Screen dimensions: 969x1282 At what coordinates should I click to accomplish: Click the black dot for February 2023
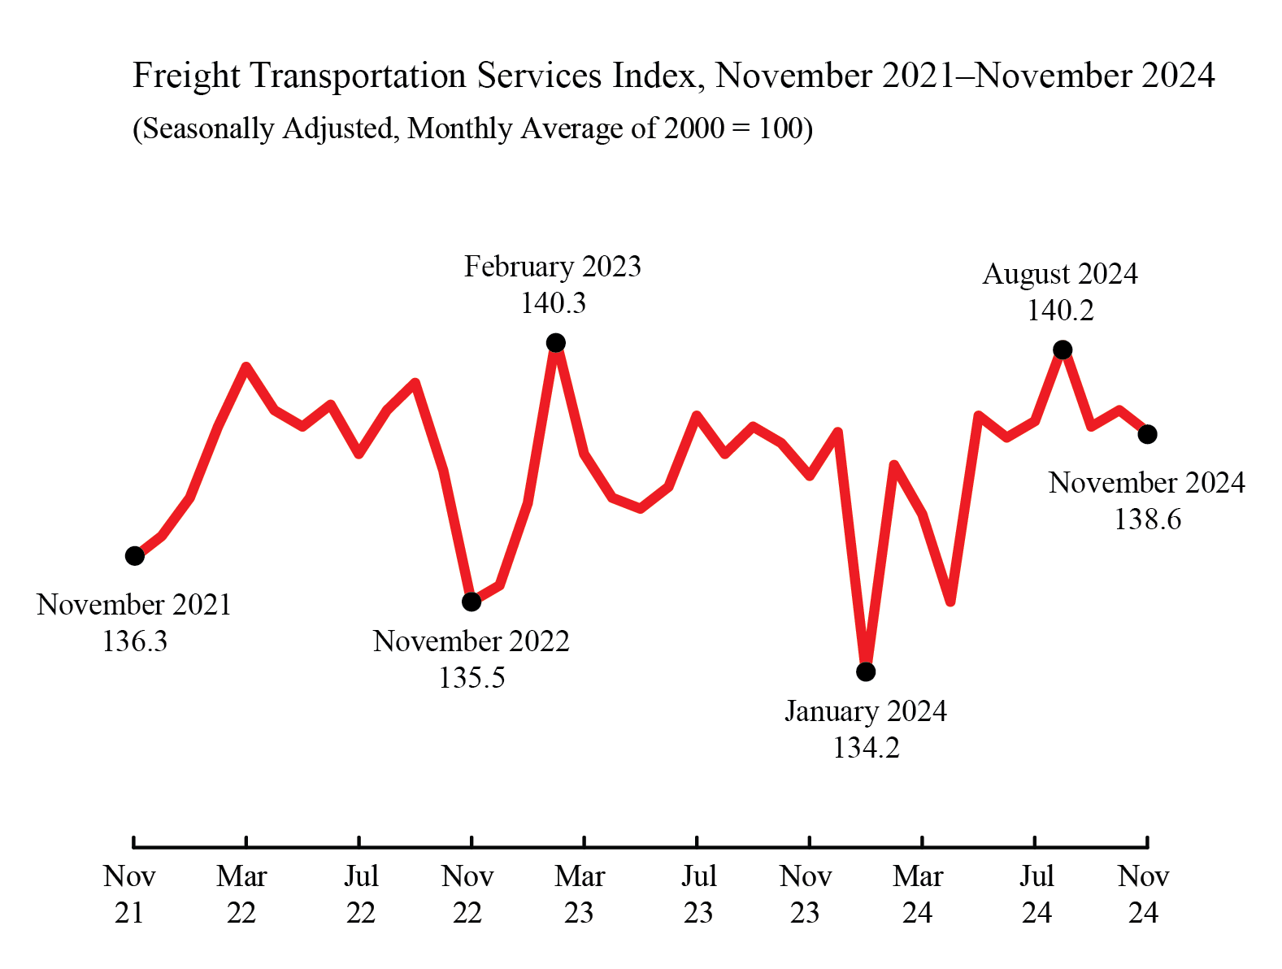pos(555,342)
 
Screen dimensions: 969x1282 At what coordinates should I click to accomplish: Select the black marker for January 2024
pos(866,671)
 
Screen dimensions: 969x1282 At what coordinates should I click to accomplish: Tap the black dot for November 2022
pos(472,602)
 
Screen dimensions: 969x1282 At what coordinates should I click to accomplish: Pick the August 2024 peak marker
pos(1063,350)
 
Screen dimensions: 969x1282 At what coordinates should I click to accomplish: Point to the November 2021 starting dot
pos(135,556)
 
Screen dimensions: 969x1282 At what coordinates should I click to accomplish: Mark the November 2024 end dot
pos(1147,434)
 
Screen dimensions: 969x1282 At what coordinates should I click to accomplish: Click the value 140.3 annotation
pos(553,303)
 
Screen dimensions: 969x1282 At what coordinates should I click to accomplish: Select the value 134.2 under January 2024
pos(866,748)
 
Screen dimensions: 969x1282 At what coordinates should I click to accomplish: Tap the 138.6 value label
pos(1147,519)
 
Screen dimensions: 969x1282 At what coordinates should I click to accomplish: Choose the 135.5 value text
pos(472,677)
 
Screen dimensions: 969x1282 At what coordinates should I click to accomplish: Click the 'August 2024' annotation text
pos(1059,274)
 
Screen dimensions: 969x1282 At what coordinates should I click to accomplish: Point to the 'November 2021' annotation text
pos(134,605)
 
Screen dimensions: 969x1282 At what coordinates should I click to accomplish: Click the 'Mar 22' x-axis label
pos(241,894)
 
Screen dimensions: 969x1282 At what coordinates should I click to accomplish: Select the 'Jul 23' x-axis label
pos(698,894)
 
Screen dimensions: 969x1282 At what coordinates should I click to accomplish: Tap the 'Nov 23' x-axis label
pos(806,894)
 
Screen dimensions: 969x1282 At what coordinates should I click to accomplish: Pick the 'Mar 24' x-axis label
pos(918,894)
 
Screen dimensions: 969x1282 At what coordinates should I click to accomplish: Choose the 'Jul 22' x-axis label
pos(360,894)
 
